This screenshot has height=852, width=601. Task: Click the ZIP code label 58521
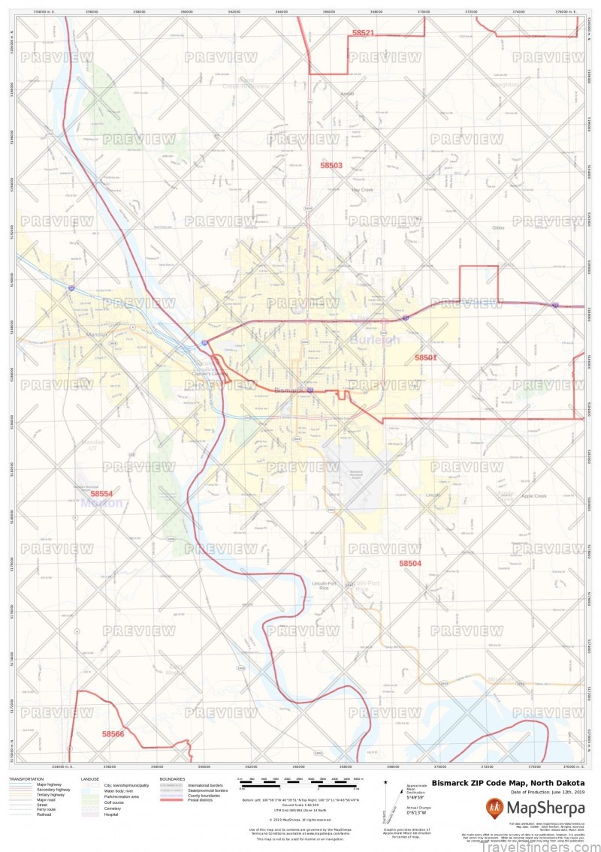(x=363, y=33)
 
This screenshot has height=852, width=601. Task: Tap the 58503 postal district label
(x=331, y=165)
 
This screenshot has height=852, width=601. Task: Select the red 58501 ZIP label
(x=425, y=358)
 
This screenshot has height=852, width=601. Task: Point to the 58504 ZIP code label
(x=410, y=563)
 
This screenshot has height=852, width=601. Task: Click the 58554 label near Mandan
(x=101, y=494)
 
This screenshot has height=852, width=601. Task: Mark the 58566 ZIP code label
(x=113, y=733)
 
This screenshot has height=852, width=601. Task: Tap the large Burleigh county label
(x=375, y=340)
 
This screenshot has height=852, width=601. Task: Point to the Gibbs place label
(x=498, y=227)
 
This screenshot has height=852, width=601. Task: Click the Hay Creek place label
(x=362, y=190)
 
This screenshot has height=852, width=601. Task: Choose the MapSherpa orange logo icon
(x=494, y=808)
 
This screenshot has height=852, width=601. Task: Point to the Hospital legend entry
(x=110, y=814)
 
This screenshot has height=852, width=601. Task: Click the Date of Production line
(x=548, y=793)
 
